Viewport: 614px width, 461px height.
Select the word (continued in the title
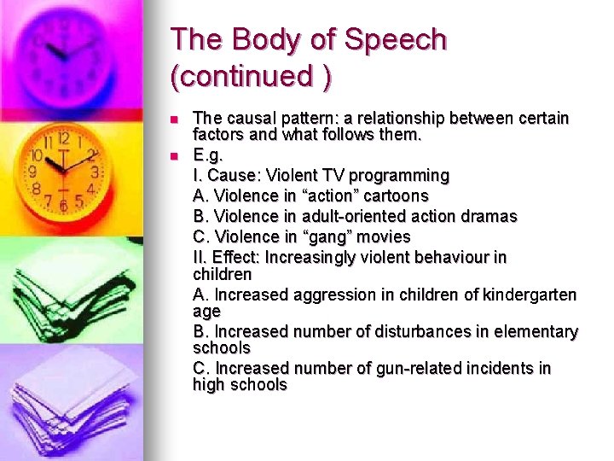point(242,76)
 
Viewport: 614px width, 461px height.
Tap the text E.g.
point(209,155)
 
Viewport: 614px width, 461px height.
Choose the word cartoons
point(395,195)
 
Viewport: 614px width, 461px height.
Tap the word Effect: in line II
point(235,257)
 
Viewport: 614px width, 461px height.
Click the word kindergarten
point(530,295)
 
